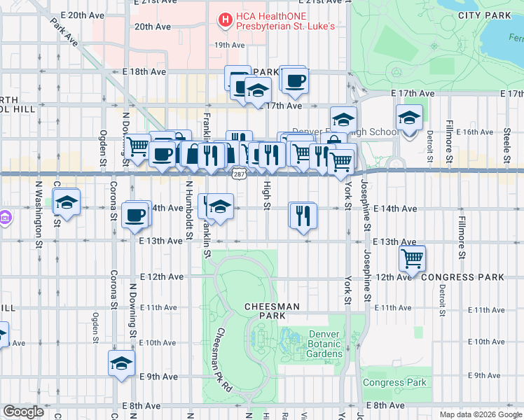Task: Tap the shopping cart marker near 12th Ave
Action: point(413,258)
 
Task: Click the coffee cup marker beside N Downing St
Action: point(135,215)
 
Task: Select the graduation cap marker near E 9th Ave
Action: point(121,364)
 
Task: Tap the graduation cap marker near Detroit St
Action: point(409,118)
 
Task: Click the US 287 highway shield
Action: point(239,173)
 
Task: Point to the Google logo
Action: point(23,412)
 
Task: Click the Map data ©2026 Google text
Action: point(481,414)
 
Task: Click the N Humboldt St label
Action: point(189,210)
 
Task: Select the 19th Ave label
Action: point(229,45)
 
